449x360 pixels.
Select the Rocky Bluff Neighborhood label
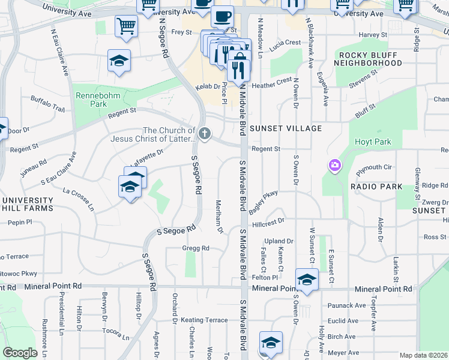[x=367, y=58]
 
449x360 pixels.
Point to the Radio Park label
[x=376, y=187]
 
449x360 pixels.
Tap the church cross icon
[x=205, y=134]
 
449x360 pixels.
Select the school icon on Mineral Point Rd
[x=307, y=280]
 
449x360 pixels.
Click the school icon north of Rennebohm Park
[x=119, y=61]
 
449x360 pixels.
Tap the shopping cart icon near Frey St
[x=127, y=26]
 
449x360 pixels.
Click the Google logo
[x=20, y=353]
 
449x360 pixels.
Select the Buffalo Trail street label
[x=47, y=104]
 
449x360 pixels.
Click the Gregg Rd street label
[x=196, y=248]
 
